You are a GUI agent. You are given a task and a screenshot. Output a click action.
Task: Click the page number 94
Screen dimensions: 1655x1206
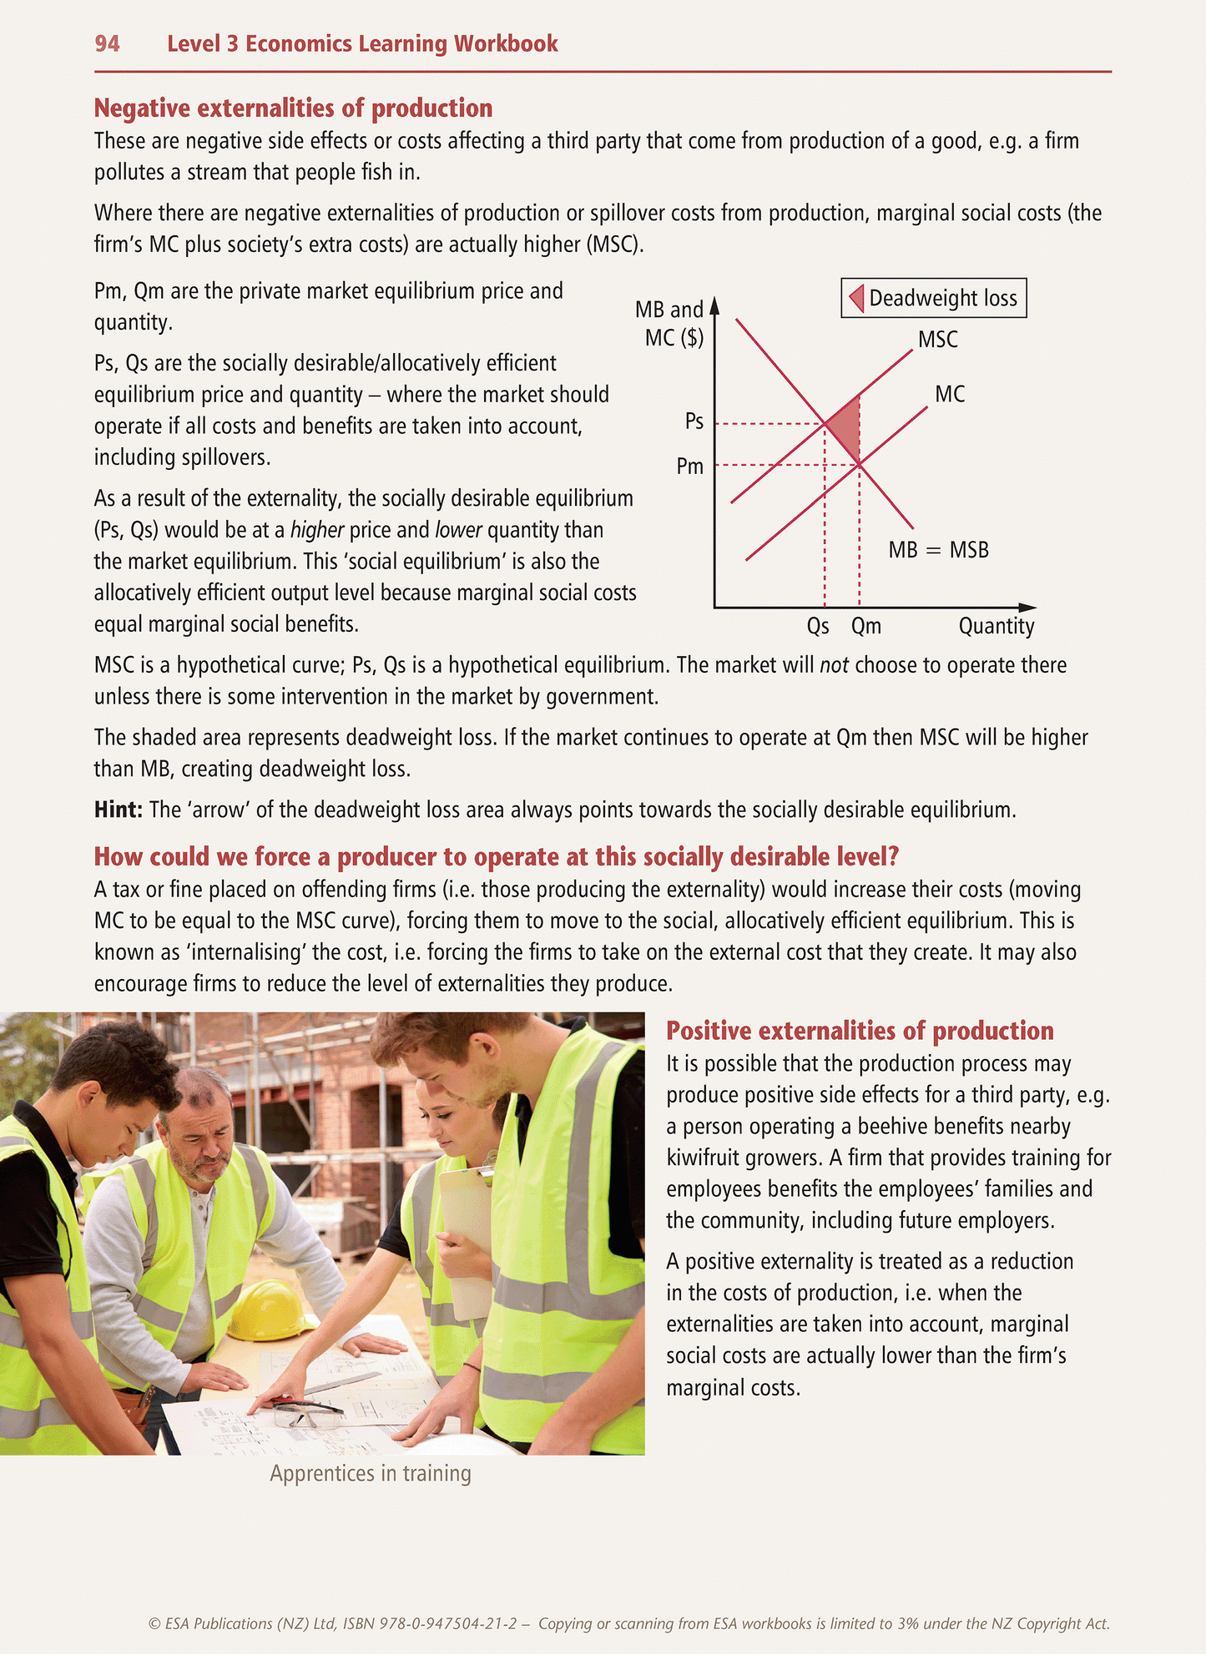pos(107,43)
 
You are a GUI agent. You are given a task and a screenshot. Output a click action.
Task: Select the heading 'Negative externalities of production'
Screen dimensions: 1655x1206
pos(293,108)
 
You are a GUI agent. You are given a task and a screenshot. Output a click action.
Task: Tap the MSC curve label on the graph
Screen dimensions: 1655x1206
pos(937,340)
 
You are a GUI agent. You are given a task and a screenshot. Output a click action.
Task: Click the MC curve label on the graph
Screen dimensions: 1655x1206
pos(950,394)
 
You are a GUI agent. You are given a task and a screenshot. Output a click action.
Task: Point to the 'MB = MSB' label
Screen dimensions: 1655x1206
pos(938,550)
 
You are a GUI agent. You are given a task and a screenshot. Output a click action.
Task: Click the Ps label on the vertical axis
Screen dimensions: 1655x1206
pos(694,421)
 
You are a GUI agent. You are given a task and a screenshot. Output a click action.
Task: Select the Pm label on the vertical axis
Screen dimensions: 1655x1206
pos(689,467)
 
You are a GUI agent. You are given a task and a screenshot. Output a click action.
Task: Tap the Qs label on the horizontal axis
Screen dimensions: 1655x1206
pos(818,626)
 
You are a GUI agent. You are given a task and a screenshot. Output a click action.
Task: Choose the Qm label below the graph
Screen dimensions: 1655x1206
pos(865,626)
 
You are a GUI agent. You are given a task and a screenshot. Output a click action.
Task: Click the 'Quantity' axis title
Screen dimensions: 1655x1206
pos(996,626)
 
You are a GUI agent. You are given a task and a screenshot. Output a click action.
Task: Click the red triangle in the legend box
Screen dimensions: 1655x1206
pos(856,298)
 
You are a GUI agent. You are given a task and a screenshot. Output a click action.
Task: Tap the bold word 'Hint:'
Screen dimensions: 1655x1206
pos(119,810)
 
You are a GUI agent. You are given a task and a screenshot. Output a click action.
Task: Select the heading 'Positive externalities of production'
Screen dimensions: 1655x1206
pos(860,1032)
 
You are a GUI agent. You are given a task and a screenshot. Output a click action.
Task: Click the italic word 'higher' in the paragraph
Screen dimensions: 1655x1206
pos(317,530)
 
